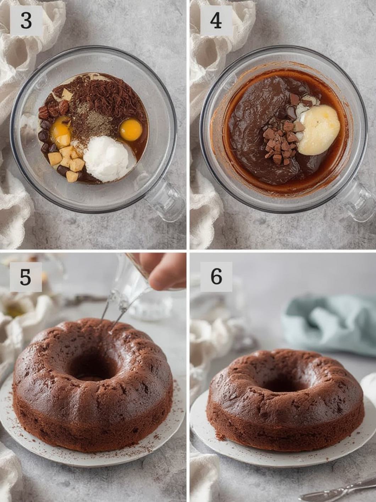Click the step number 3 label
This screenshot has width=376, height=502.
[26, 21]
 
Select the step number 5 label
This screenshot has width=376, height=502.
[26, 277]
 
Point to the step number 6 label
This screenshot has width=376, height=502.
[216, 277]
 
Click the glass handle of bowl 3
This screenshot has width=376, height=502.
[165, 199]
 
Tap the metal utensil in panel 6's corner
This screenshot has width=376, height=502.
[338, 492]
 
